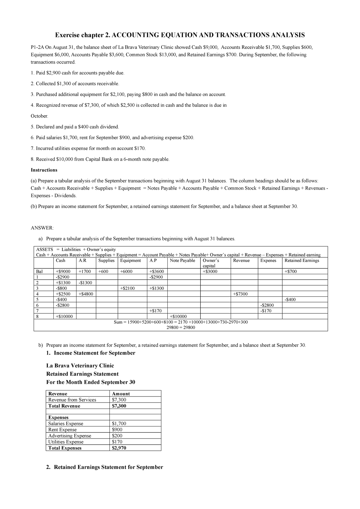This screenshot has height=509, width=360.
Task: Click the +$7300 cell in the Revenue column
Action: (x=240, y=294)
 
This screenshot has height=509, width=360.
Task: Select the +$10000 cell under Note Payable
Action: (x=178, y=316)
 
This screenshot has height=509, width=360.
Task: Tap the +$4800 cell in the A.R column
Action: (x=86, y=294)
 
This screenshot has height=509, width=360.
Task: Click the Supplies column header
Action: (x=106, y=260)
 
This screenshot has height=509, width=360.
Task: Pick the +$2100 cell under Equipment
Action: (x=127, y=288)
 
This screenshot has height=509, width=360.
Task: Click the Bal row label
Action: (x=39, y=271)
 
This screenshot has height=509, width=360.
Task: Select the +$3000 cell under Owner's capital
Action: (x=210, y=271)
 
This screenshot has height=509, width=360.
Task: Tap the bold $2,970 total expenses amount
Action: (x=119, y=448)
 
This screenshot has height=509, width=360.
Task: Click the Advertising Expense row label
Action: (x=70, y=436)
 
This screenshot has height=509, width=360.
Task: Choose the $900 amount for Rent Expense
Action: (x=117, y=430)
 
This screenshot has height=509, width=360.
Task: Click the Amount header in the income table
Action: (x=121, y=394)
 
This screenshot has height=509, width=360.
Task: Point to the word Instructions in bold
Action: (x=44, y=170)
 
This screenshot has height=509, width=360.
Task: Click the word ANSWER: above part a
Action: (x=42, y=228)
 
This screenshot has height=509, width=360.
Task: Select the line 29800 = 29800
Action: (x=181, y=327)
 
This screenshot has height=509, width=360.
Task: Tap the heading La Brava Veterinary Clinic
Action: (x=80, y=365)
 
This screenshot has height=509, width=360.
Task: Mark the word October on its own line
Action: (x=39, y=116)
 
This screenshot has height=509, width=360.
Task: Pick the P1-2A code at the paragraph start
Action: (x=38, y=47)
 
